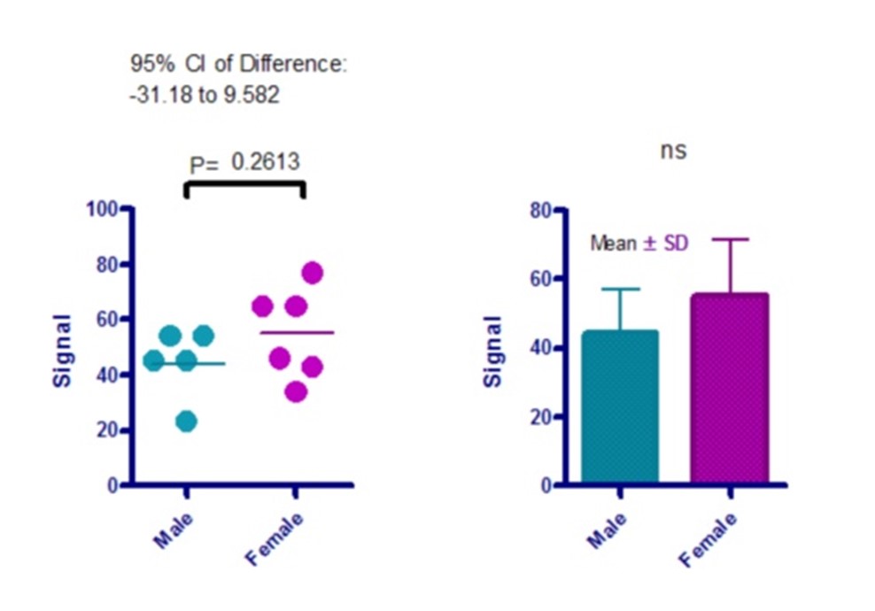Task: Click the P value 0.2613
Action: (266, 161)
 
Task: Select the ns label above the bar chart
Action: (674, 151)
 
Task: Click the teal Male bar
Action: (620, 407)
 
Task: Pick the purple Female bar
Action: (730, 390)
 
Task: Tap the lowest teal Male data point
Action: (186, 422)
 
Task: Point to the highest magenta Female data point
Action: (312, 273)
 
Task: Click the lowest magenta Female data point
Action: (296, 391)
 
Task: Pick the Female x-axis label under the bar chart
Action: (709, 540)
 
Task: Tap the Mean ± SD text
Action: (639, 243)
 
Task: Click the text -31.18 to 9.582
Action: (205, 94)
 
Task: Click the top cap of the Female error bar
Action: (731, 239)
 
